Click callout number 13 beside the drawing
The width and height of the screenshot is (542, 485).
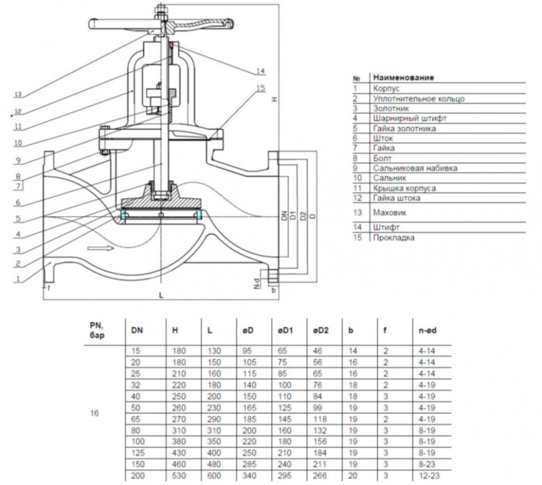[16, 93]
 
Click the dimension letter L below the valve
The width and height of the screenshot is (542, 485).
[160, 297]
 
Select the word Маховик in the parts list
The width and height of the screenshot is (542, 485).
[389, 212]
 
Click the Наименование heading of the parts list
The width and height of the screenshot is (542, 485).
[403, 77]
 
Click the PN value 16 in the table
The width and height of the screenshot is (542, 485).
[94, 412]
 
